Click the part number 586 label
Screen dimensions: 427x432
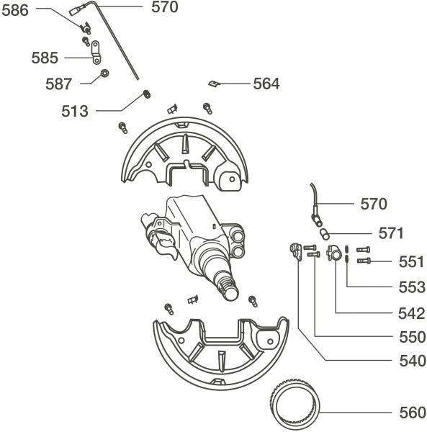click(15, 11)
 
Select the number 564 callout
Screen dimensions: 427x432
click(266, 84)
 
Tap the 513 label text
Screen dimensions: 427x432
click(75, 111)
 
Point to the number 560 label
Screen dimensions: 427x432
click(413, 413)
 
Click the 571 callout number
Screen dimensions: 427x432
click(391, 233)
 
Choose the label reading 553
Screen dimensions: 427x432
click(412, 287)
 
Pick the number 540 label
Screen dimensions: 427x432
click(413, 361)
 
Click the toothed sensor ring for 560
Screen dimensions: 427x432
click(295, 403)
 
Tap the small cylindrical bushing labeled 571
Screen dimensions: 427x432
click(325, 234)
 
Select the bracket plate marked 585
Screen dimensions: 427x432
click(96, 53)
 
